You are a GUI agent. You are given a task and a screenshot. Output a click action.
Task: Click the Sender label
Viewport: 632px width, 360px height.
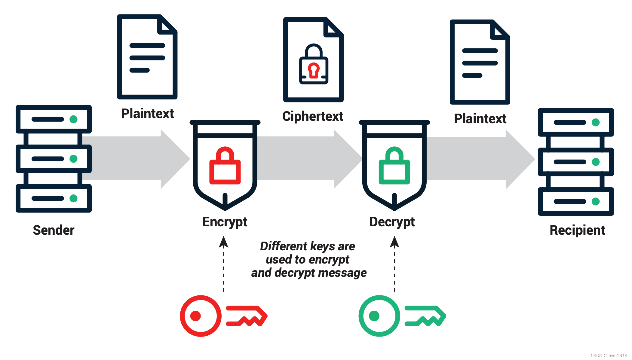point(54,230)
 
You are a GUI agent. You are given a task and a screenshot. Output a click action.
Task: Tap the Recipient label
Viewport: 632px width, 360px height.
point(577,230)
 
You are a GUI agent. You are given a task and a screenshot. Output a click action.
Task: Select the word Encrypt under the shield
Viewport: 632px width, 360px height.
point(225,222)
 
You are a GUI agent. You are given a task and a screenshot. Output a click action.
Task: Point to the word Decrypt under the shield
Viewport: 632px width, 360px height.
point(392,222)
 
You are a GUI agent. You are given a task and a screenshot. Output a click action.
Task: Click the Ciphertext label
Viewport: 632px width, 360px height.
point(313,116)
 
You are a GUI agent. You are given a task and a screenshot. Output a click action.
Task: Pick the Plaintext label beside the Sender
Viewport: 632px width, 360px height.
point(147,114)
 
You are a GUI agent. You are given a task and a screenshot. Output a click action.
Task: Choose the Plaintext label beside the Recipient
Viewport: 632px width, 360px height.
point(480,119)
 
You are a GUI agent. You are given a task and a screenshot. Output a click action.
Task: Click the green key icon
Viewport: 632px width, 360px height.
point(402,316)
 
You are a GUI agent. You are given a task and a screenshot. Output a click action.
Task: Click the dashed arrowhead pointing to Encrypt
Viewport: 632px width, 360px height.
point(223,242)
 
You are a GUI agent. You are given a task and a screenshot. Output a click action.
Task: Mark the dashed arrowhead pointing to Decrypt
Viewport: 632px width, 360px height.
point(394,242)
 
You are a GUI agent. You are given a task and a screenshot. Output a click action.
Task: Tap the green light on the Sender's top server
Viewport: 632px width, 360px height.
point(73,119)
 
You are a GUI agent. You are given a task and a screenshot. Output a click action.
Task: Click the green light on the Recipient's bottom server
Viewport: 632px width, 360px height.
point(595,201)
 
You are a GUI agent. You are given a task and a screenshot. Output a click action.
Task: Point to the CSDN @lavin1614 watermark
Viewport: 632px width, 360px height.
point(609,355)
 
